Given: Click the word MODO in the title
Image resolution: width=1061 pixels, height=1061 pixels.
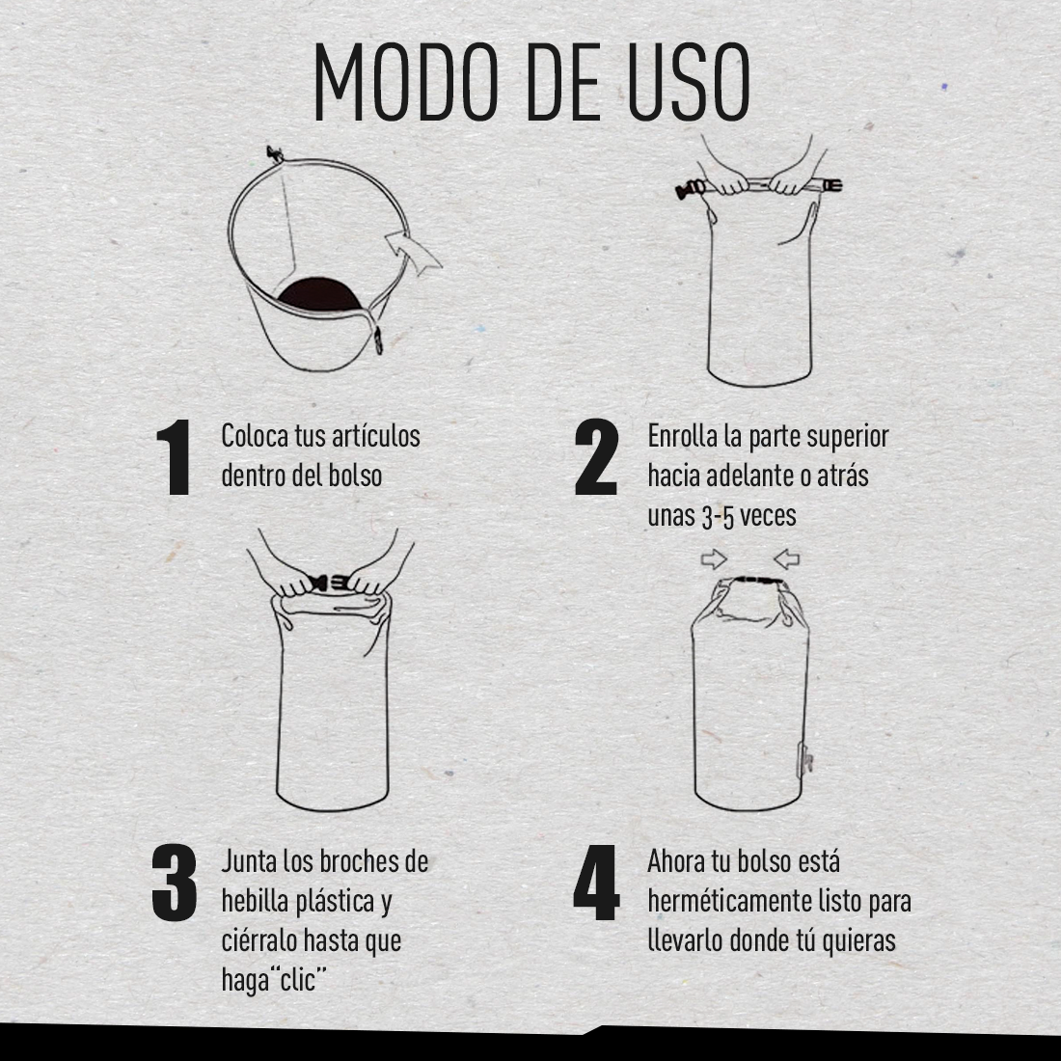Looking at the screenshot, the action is [x=406, y=83].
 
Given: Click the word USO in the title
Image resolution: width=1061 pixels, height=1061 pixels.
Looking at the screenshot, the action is [x=688, y=83].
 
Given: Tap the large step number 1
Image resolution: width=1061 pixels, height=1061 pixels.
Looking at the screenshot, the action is [x=174, y=457].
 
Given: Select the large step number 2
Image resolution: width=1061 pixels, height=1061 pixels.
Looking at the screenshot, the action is [x=596, y=457].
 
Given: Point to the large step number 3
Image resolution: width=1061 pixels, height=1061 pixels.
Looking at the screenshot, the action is [x=174, y=883].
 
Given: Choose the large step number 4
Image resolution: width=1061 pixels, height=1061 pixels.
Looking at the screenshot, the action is [x=596, y=883].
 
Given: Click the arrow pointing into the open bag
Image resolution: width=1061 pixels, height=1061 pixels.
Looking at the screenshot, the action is [x=413, y=251].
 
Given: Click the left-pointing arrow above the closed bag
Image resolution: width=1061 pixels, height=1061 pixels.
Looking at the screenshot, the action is [x=786, y=558].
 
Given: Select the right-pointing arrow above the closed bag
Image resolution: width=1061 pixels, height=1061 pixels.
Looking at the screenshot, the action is [x=714, y=558].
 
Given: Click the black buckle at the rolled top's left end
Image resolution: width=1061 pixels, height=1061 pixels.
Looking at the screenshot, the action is [x=689, y=189].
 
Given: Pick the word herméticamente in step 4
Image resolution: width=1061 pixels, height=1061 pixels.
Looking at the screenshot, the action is [x=729, y=902].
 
